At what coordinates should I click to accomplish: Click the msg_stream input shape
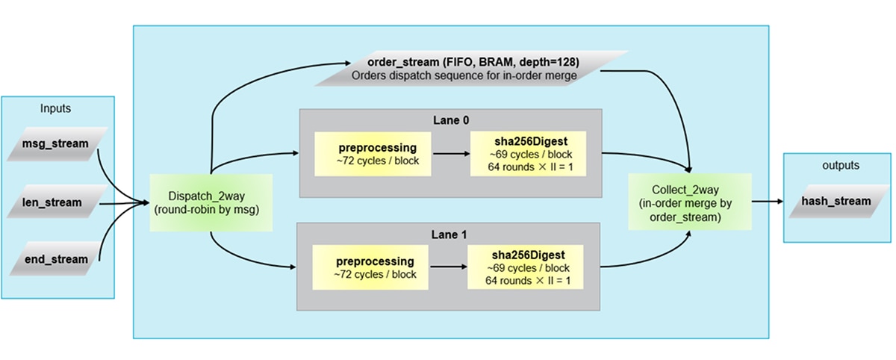[57, 144]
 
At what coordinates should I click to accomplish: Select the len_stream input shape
[57, 202]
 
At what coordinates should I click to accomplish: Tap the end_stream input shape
[57, 259]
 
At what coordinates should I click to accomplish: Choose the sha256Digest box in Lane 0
[528, 153]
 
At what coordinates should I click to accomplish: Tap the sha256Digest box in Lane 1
[528, 267]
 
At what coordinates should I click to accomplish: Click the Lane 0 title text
[450, 119]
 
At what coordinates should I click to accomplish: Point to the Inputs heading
[56, 108]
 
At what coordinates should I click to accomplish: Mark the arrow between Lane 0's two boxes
[448, 154]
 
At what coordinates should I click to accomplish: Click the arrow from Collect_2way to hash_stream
[765, 202]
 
